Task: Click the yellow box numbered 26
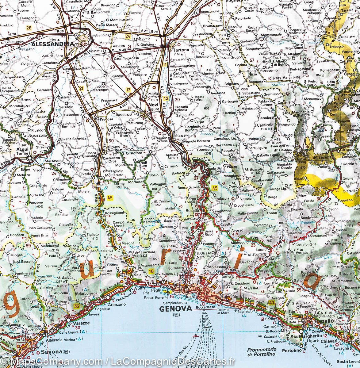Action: coord(29,28)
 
